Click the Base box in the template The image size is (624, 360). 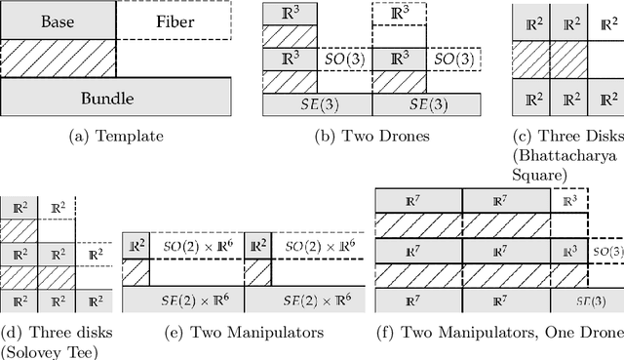58,20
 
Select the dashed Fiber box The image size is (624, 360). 175,20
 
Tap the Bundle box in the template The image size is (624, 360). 117,98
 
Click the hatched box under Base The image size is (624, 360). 58,59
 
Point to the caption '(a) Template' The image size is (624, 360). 117,135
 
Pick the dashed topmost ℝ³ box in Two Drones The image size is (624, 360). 400,15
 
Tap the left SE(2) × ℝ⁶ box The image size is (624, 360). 182,300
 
